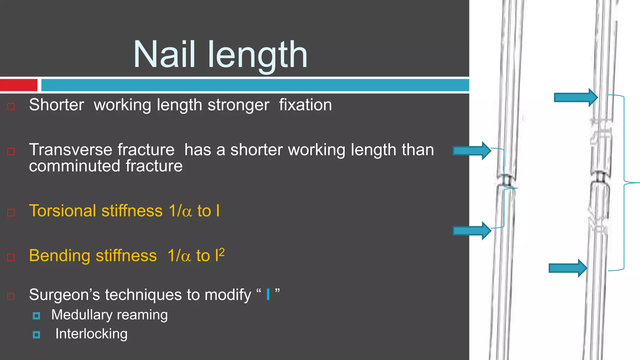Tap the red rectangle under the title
18,85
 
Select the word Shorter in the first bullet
57,105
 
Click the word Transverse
102,150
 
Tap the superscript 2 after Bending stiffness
222,252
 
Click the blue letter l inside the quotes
268,294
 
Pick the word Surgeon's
64,295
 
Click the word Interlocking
91,334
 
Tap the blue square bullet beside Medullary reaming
36,316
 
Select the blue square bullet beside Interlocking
36,335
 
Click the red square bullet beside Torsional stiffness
11,212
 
